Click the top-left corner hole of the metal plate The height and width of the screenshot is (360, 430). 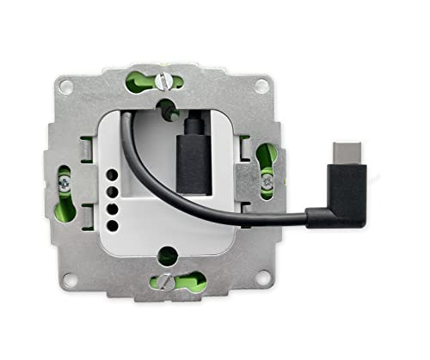pyautogui.click(x=66, y=85)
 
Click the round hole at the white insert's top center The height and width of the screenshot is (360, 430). pyautogui.click(x=164, y=108)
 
